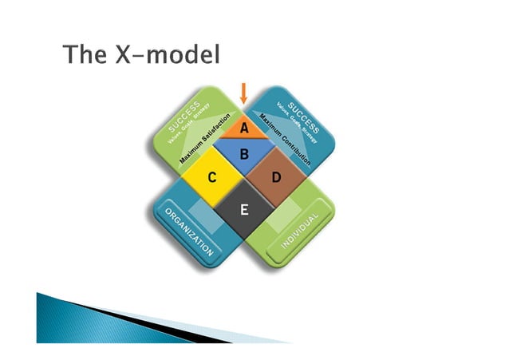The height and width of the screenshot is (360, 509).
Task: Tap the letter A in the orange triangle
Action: (x=244, y=126)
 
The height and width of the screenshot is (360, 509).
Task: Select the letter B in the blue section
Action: (x=245, y=152)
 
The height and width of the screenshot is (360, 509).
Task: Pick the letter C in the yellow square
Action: (x=212, y=177)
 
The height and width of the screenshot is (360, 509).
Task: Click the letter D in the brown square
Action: (x=276, y=177)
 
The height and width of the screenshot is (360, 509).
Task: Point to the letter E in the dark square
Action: (x=244, y=211)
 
